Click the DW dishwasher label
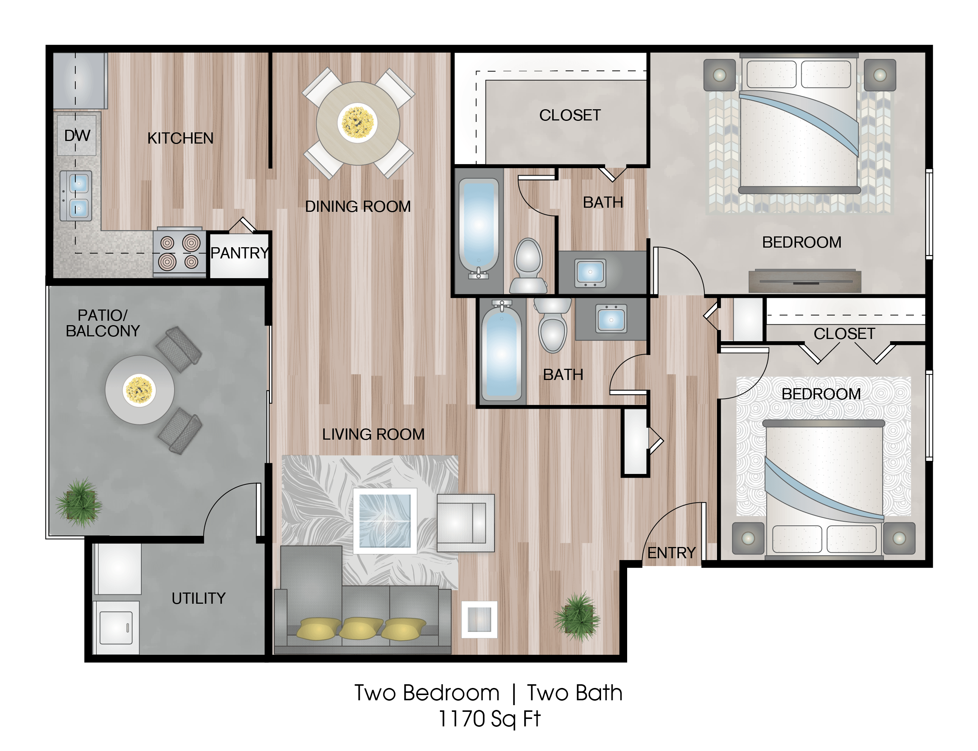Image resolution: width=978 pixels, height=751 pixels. click(77, 135)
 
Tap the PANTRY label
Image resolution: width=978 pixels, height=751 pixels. click(240, 253)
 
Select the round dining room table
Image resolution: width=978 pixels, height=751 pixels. click(358, 123)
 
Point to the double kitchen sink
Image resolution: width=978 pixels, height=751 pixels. click(76, 196)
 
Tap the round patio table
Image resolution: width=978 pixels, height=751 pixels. click(139, 390)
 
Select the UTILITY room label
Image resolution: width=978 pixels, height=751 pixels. click(198, 598)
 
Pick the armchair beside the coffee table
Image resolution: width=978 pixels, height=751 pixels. click(465, 522)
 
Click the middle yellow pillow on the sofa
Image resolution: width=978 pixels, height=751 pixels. click(361, 628)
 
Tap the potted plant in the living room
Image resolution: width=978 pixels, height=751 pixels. click(578, 617)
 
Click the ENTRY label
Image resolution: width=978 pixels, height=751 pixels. click(672, 553)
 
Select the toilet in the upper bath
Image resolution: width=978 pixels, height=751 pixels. click(528, 267)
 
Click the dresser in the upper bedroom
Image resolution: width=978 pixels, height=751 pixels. click(805, 281)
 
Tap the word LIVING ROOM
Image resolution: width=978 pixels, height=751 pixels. click(373, 434)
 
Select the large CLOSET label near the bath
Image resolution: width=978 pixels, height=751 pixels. click(569, 115)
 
